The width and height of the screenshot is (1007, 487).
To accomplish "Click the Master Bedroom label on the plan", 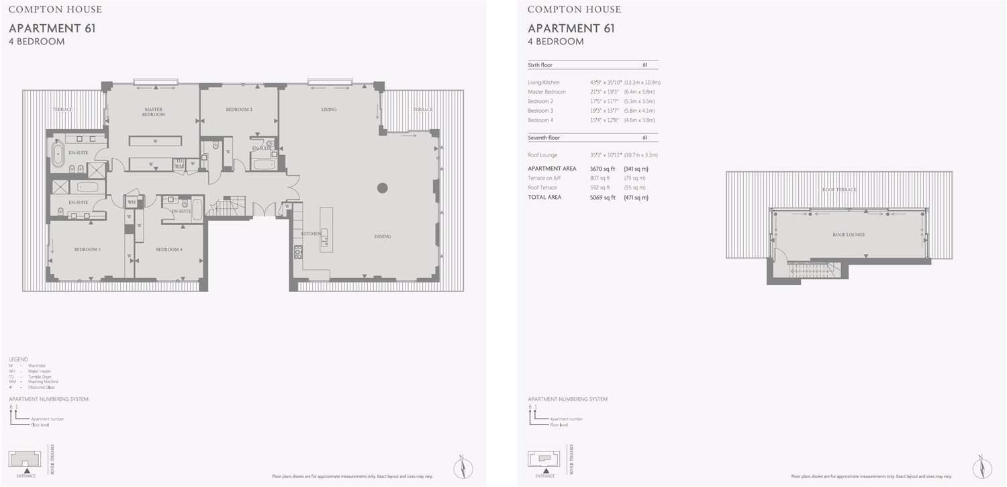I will (153, 112).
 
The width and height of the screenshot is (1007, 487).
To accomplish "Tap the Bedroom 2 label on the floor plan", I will (239, 109).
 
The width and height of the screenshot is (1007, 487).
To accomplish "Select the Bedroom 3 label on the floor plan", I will (87, 249).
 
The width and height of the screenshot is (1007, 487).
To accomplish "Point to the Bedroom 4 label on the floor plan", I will (169, 249).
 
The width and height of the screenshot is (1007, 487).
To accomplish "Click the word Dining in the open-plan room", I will (383, 236).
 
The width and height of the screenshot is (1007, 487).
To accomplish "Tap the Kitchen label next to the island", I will (310, 233).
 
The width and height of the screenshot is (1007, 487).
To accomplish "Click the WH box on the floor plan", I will (132, 202).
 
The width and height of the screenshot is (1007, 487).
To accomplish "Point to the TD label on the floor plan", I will (179, 161).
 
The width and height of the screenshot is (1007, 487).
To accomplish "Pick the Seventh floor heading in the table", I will (544, 138).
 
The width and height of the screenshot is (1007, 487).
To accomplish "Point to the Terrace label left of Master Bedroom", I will (62, 109).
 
